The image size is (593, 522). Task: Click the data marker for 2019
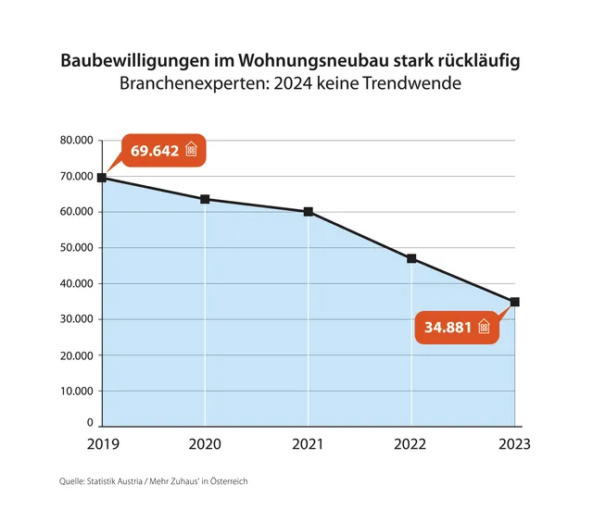click(x=101, y=178)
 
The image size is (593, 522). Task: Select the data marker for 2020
click(x=205, y=199)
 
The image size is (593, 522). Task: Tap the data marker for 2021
click(x=309, y=212)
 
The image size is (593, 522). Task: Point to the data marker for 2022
click(x=411, y=258)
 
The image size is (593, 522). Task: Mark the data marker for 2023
click(x=515, y=302)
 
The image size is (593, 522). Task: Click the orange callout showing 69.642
click(x=163, y=150)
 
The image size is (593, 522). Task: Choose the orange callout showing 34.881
click(x=452, y=327)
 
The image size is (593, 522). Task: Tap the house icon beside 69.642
click(x=192, y=150)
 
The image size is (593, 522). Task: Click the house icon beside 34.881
click(x=483, y=327)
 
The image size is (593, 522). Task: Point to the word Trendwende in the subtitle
click(x=427, y=85)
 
